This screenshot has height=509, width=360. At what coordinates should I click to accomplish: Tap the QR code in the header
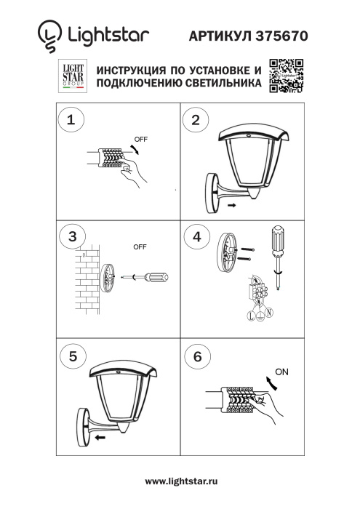point(286,76)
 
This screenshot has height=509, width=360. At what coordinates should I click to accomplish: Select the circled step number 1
point(71,121)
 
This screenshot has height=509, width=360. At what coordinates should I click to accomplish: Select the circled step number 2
point(195,121)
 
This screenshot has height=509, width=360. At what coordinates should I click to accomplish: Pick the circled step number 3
point(71,236)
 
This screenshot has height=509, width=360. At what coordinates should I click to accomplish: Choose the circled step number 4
point(195,236)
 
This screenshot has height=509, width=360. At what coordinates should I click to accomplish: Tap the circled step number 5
point(71,356)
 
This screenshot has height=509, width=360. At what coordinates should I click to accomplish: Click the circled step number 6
point(195,356)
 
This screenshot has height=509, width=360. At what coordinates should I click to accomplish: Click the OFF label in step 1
point(140,138)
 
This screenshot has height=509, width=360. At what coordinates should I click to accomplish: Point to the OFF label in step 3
point(140,247)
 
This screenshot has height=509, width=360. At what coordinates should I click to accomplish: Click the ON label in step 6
point(281,372)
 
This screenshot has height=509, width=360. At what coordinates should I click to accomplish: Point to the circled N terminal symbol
point(269,314)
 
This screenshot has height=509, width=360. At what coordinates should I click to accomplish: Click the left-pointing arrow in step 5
point(100,438)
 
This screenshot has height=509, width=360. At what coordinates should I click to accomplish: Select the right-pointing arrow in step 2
point(231,207)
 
